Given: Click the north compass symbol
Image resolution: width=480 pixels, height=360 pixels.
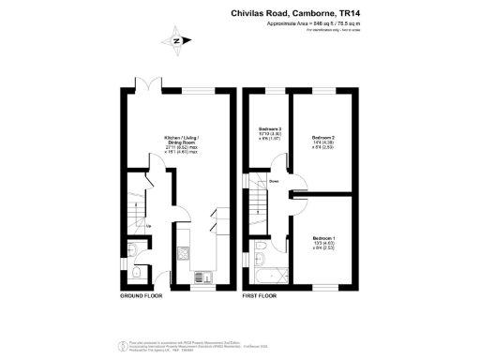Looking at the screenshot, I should coord(175,41).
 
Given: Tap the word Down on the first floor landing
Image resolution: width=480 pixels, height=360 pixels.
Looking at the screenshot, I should coord(274,181).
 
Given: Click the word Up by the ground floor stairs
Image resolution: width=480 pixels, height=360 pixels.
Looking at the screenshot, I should coord(147,226).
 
